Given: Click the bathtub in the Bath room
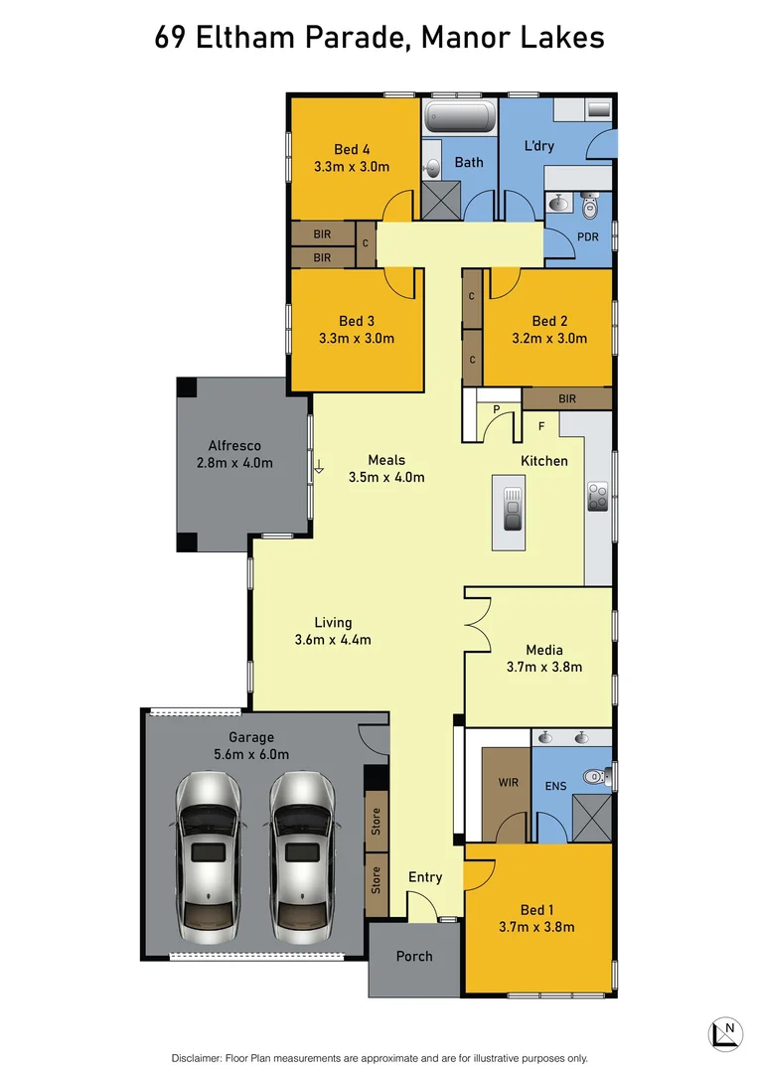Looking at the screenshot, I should click(459, 120).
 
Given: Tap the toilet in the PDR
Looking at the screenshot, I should click(590, 208).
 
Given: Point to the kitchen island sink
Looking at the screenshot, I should click(513, 508).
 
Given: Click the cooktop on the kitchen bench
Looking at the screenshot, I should click(598, 496).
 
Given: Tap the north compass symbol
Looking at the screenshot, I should click(726, 1032).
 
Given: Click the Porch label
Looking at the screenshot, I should click(414, 956).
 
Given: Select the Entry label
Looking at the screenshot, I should click(425, 877).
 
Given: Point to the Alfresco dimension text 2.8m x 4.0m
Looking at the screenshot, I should click(234, 463).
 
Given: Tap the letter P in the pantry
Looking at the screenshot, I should click(495, 408).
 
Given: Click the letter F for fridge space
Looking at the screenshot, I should click(541, 427).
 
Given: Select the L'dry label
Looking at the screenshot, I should click(538, 146).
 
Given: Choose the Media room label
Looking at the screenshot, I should click(544, 650).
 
